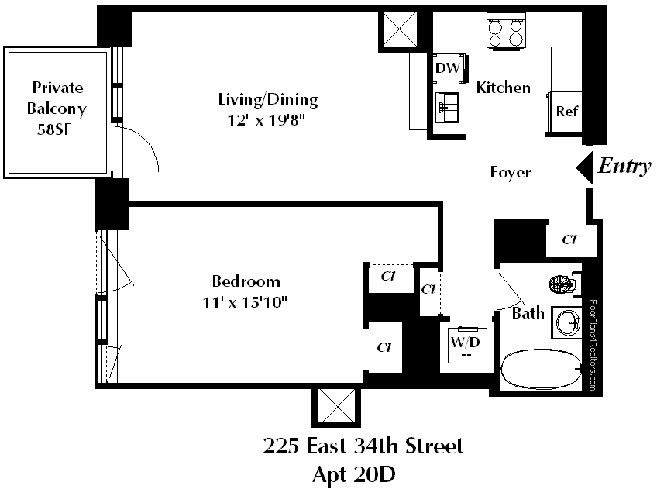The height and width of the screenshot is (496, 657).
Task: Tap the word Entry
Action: click(624, 166)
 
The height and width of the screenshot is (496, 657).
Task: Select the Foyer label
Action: click(511, 172)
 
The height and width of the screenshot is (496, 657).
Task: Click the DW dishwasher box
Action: click(448, 68)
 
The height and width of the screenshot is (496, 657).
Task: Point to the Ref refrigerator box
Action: click(566, 111)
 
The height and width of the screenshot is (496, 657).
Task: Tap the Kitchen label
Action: click(503, 88)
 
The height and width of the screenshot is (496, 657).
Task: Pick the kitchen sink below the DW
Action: click(448, 108)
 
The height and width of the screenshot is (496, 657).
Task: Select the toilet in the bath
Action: click(563, 284)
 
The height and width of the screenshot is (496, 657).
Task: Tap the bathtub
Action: click(540, 370)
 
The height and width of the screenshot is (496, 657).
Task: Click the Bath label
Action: click(528, 314)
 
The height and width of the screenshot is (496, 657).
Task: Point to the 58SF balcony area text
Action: click(57, 129)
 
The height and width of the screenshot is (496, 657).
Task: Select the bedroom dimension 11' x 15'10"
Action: click(246, 301)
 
